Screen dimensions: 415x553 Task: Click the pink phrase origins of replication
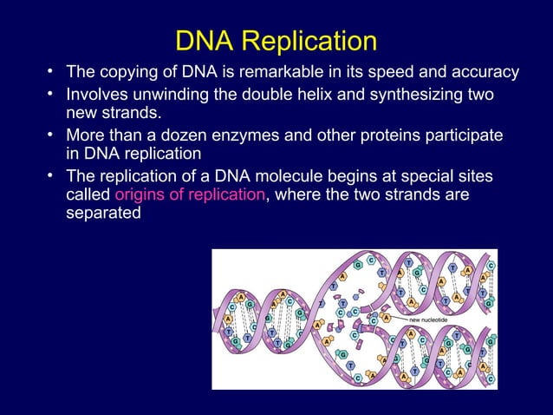click(190, 194)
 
